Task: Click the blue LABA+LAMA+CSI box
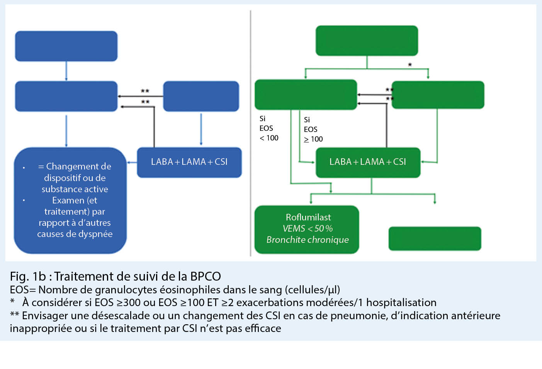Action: (189, 162)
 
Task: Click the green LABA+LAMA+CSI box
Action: (368, 162)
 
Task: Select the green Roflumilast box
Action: (307, 229)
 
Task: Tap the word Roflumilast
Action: (308, 217)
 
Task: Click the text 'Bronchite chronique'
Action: (308, 240)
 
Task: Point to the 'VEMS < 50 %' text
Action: (308, 229)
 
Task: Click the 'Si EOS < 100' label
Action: (268, 128)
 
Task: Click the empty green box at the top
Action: (367, 41)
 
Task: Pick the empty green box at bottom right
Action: (435, 239)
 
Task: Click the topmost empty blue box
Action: (66, 46)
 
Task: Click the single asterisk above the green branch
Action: (410, 65)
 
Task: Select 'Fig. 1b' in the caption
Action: (28, 276)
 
